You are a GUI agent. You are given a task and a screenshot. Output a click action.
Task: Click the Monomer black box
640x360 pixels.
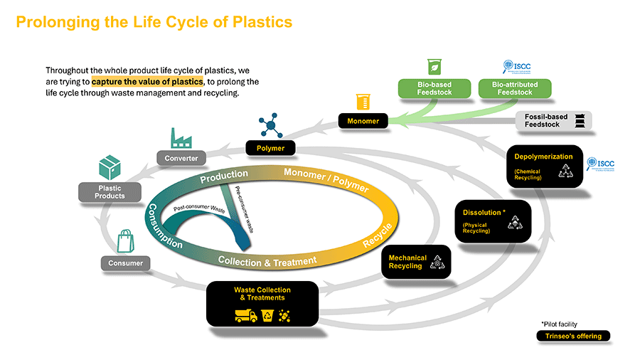tap(363, 121)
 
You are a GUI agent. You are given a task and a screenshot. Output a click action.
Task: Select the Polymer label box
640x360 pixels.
tap(270, 148)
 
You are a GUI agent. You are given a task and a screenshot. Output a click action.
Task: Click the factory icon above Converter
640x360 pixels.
tap(182, 137)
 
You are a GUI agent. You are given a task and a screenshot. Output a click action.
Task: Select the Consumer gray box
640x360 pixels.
tap(125, 263)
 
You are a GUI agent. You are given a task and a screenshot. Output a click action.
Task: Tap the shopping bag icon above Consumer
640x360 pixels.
tap(126, 240)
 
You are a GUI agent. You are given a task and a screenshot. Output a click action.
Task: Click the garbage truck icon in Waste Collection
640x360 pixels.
tap(246, 315)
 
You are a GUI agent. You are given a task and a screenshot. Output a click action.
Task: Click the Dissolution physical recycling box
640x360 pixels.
tap(492, 221)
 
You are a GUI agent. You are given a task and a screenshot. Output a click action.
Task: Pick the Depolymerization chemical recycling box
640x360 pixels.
tap(545, 166)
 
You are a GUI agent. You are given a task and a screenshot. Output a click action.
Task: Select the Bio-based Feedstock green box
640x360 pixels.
tap(434, 88)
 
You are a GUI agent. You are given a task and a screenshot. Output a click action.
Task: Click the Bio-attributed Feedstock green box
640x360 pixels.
tap(515, 88)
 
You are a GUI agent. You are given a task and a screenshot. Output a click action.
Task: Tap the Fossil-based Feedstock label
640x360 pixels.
tap(543, 120)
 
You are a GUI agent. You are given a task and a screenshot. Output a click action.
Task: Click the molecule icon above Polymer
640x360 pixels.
tap(270, 126)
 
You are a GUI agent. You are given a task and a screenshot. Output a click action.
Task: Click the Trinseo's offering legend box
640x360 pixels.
tap(572, 336)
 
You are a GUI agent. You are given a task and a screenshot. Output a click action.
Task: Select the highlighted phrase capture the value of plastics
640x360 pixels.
tap(147, 82)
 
